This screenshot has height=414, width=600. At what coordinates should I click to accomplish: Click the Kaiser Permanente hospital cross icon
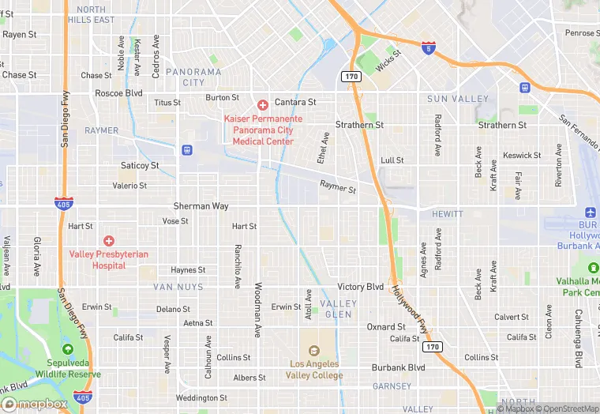click(263, 104)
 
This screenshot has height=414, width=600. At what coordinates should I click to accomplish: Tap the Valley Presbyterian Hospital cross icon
click(109, 240)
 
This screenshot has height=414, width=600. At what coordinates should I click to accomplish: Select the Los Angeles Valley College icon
click(313, 351)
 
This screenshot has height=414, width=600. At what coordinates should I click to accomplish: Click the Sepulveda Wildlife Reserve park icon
click(67, 349)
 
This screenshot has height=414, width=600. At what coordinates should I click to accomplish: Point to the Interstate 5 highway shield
click(428, 48)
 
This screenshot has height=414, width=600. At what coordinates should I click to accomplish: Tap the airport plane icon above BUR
click(590, 213)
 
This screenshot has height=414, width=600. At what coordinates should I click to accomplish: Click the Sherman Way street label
click(201, 206)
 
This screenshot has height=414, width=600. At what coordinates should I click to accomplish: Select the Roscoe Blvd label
click(118, 92)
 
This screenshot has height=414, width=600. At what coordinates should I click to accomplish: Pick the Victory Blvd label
click(360, 287)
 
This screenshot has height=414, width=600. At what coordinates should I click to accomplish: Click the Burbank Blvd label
click(398, 367)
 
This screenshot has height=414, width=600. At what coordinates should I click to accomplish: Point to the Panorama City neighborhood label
click(193, 77)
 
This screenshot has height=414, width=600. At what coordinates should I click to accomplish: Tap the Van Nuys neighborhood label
click(178, 287)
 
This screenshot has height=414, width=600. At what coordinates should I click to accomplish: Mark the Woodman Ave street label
click(258, 310)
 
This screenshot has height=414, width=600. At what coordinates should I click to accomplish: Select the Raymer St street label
click(338, 188)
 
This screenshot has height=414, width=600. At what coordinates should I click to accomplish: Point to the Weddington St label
click(201, 398)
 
